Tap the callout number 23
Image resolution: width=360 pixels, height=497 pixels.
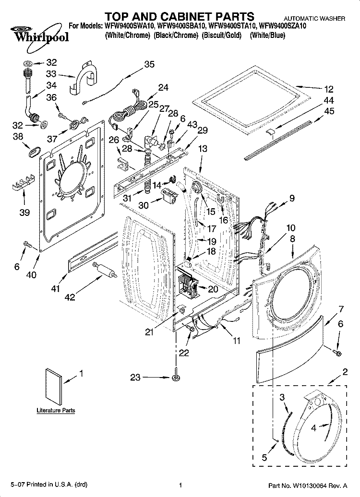[135, 378]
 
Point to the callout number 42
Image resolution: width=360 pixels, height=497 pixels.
[70, 297]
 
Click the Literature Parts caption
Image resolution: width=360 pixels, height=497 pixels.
[56, 411]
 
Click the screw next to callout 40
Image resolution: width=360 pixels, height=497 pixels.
[27, 246]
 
